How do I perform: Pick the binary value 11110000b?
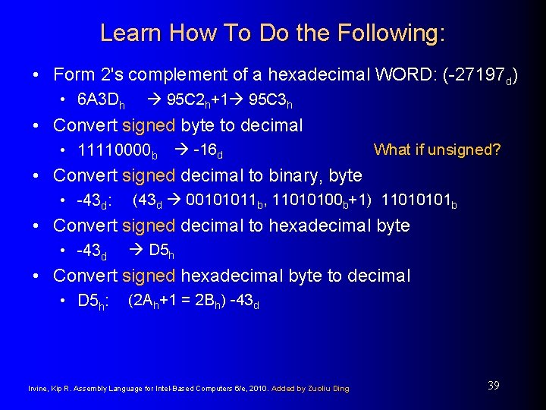pyautogui.click(x=118, y=150)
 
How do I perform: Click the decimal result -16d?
pyautogui.click(x=208, y=150)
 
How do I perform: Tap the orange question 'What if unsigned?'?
pyautogui.click(x=437, y=150)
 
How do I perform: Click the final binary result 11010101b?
pyautogui.click(x=419, y=200)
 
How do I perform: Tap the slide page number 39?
pyautogui.click(x=493, y=386)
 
